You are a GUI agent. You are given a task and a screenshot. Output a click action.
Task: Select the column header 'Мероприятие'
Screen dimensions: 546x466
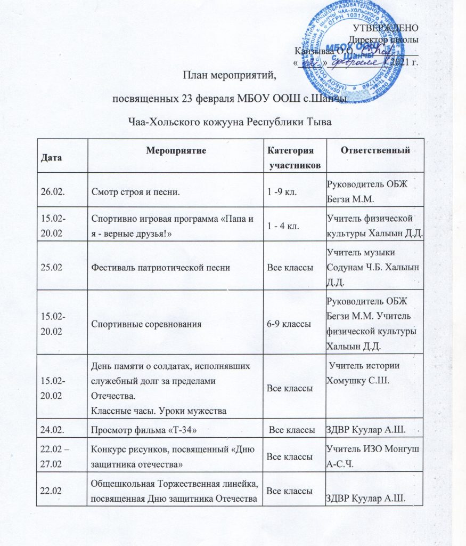(x=176, y=150)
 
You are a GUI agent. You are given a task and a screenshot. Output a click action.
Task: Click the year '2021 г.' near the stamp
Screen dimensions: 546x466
(x=404, y=63)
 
